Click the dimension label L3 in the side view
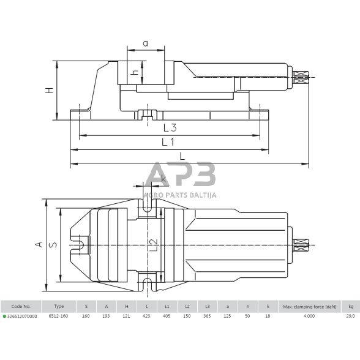pos(170,128)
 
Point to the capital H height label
pos(50,91)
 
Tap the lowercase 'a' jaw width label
pos(145,43)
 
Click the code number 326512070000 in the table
pos(21,316)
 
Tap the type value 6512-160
pos(59,316)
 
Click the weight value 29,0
pos(350,316)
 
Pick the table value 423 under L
pos(146,316)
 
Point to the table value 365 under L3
pos(208,316)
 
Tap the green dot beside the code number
pos(4,316)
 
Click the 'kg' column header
pos(350,306)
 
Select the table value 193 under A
pos(106,316)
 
